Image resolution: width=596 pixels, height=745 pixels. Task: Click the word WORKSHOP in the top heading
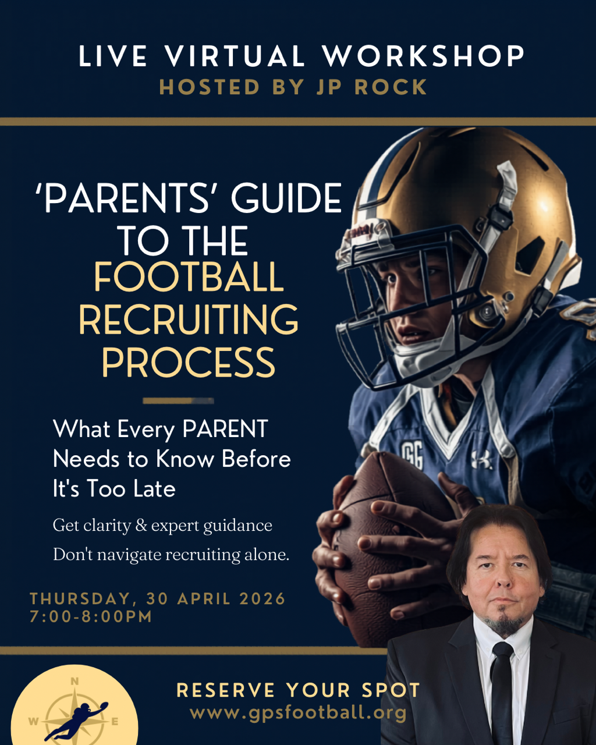pyautogui.click(x=424, y=56)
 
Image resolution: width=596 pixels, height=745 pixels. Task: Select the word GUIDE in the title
pyautogui.click(x=286, y=199)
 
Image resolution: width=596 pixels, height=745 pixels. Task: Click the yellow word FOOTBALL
pyautogui.click(x=189, y=278)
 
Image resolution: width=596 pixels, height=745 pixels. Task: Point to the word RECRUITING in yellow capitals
pyautogui.click(x=189, y=320)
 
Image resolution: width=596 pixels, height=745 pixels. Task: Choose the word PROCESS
pyautogui.click(x=189, y=362)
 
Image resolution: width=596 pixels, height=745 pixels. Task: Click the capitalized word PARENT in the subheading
pyautogui.click(x=225, y=430)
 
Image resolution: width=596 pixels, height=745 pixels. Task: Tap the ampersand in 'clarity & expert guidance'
pyautogui.click(x=141, y=526)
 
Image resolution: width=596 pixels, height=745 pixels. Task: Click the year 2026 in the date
pyautogui.click(x=262, y=599)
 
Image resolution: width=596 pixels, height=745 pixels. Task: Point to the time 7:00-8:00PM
pyautogui.click(x=91, y=617)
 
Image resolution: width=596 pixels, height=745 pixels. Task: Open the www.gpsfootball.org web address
pyautogui.click(x=297, y=713)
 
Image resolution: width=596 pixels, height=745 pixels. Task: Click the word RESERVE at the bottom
pyautogui.click(x=226, y=691)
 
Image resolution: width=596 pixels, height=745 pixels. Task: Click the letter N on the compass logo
pyautogui.click(x=74, y=682)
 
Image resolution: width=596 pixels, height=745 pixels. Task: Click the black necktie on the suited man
pyautogui.click(x=502, y=687)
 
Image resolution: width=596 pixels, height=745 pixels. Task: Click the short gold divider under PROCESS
pyautogui.click(x=178, y=400)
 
